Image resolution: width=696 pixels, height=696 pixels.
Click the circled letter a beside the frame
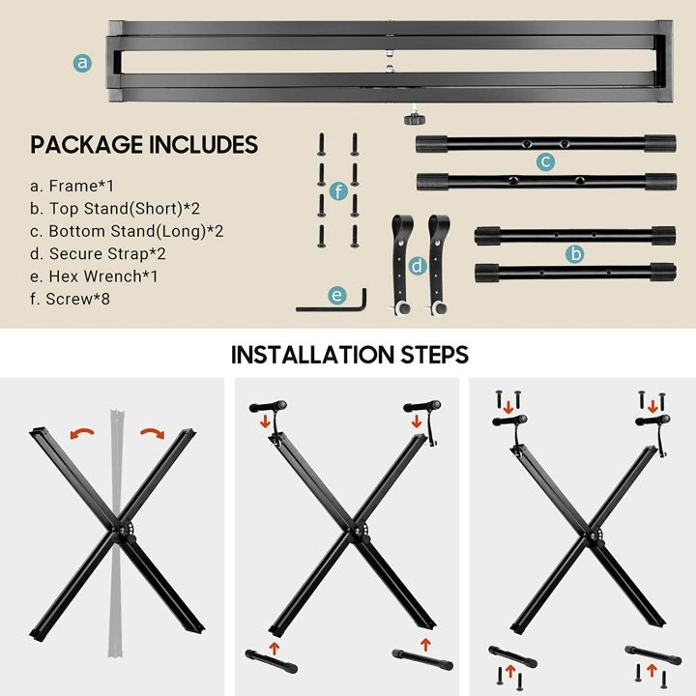[x=83, y=63]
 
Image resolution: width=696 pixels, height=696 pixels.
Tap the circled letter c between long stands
[x=546, y=161]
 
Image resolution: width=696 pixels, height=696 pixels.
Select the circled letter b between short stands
[x=576, y=254]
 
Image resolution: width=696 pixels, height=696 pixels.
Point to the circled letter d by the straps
[x=417, y=265]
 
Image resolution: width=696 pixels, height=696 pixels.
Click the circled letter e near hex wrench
[x=337, y=294]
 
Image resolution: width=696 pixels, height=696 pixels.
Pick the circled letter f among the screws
[x=337, y=191]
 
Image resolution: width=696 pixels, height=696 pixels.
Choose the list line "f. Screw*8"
[x=75, y=299]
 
